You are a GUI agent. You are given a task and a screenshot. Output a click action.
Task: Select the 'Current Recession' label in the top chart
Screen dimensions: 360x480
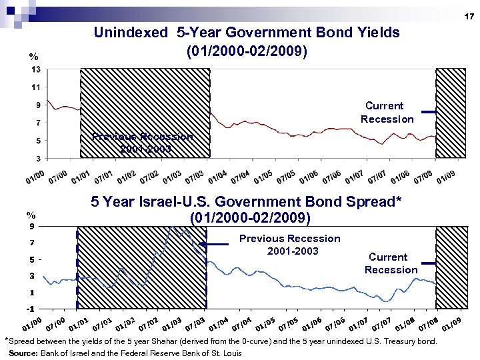387,112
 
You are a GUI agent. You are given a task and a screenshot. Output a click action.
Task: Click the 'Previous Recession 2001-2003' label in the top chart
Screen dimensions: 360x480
143,143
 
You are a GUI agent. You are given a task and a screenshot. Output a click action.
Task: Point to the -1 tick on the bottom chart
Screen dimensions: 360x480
31,309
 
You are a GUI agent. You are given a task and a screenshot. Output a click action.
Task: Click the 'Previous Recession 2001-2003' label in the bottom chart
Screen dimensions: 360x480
289,245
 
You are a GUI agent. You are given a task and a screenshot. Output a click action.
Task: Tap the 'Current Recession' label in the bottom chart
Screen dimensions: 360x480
391,263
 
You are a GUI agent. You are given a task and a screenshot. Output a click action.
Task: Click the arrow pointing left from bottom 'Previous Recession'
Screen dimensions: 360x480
213,245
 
